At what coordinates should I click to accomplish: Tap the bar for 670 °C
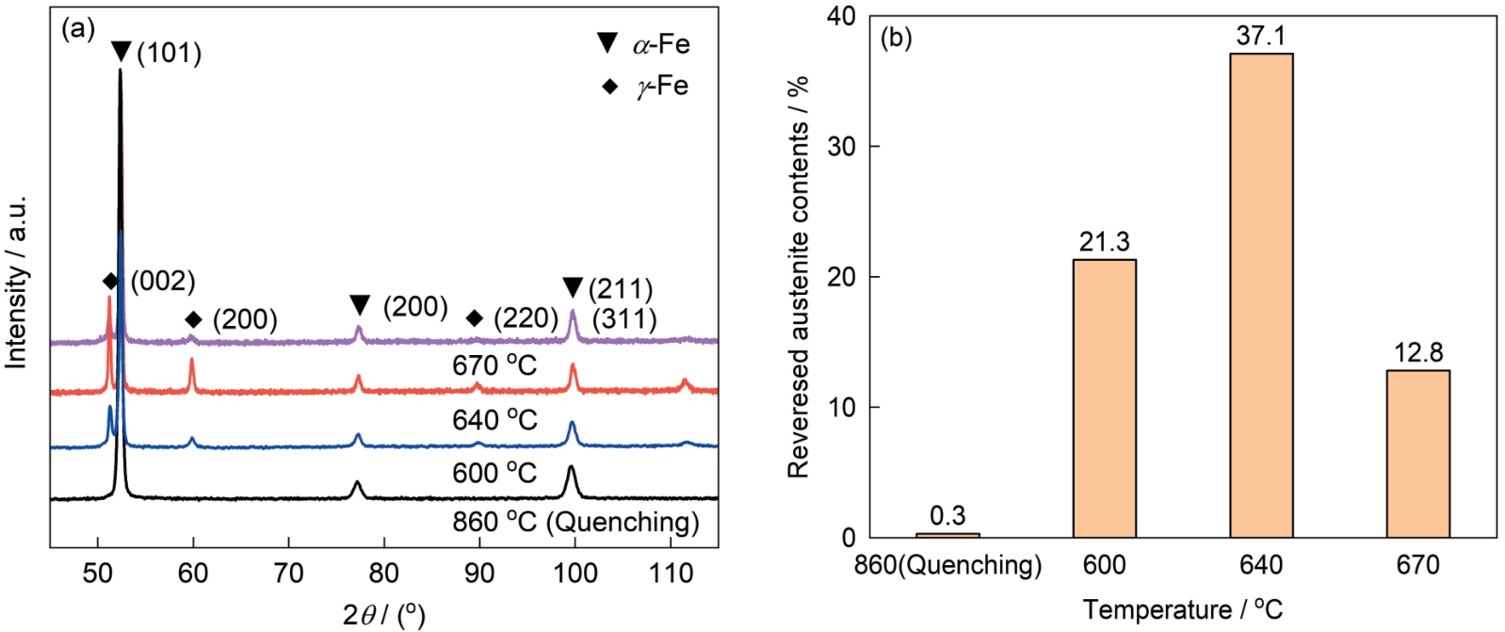point(1417,453)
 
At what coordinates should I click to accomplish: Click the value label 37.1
point(1261,36)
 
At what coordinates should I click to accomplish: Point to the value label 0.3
point(947,515)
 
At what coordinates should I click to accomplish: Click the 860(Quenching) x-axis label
point(947,565)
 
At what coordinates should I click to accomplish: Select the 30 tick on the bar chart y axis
point(842,147)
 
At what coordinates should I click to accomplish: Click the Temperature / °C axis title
point(1182,609)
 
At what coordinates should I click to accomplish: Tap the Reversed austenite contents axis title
point(799,277)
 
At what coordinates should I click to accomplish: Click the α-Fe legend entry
point(645,44)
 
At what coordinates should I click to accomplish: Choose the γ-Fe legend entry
point(647,87)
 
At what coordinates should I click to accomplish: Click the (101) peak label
point(169,53)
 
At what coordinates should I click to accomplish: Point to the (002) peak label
point(162,281)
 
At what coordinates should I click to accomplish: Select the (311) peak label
point(623,319)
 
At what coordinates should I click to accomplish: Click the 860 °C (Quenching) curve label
point(575,522)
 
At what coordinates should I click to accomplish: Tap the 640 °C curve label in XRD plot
point(494,419)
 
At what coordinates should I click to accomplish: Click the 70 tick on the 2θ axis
point(288,573)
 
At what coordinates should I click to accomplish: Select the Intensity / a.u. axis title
point(16,283)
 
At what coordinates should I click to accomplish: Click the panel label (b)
point(895,38)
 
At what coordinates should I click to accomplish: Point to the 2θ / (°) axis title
point(383,614)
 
